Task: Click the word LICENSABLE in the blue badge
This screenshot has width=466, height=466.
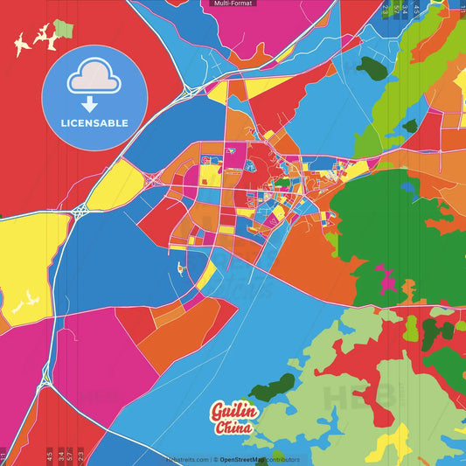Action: [95, 123]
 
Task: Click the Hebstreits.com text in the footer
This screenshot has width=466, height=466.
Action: [186, 459]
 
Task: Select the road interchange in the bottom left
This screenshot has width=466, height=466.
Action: [44, 376]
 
